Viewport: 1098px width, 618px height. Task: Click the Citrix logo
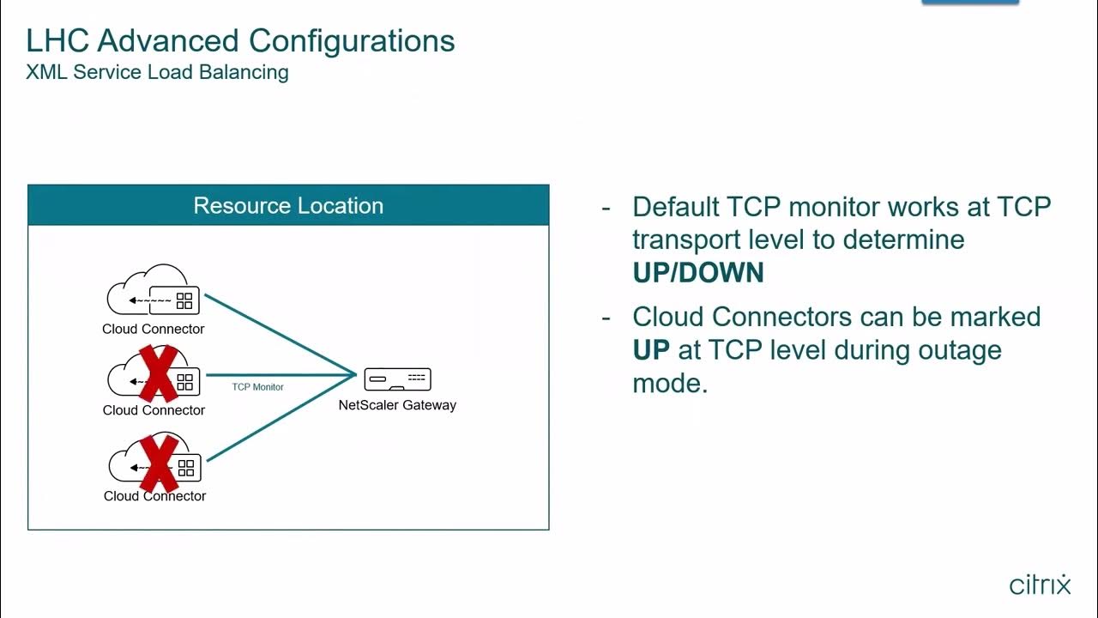click(x=1040, y=585)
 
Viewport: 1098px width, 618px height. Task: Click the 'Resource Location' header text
click(x=288, y=206)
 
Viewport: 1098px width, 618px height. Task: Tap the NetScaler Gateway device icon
click(x=397, y=379)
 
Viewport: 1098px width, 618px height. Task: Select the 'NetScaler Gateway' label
click(x=397, y=405)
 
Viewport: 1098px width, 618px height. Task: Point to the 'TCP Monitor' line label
click(x=257, y=387)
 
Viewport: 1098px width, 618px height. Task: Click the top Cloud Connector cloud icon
click(x=154, y=291)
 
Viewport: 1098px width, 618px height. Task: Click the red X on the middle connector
click(x=158, y=373)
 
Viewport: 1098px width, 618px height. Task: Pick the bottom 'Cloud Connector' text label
click(x=154, y=496)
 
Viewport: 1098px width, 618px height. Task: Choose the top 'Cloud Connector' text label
click(x=154, y=329)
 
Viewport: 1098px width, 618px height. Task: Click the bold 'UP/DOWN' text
click(x=698, y=273)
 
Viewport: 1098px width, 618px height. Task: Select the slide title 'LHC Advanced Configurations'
click(x=240, y=40)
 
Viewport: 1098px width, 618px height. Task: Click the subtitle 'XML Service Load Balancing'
click(x=157, y=72)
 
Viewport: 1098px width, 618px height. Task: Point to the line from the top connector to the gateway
click(x=279, y=334)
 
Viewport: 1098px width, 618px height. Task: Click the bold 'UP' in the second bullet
click(x=651, y=350)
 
